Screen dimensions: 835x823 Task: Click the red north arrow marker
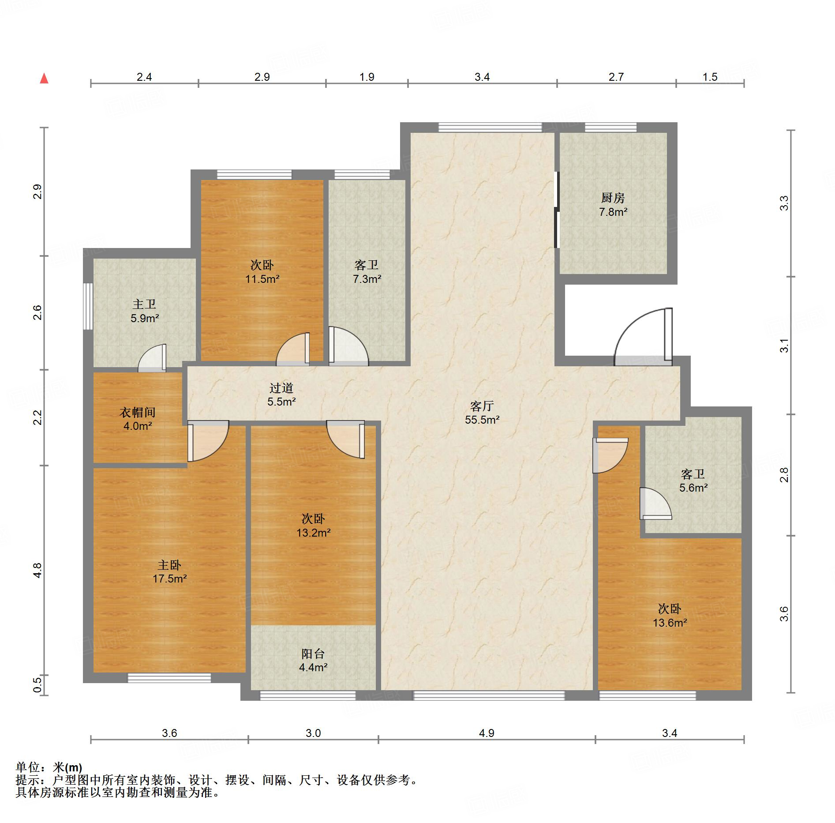coord(44,79)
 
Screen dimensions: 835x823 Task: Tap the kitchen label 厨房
coord(613,198)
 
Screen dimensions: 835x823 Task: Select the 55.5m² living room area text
coord(482,420)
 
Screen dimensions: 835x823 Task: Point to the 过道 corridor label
coord(281,388)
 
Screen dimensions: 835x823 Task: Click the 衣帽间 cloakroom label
coord(138,412)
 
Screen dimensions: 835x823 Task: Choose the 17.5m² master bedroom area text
coord(170,579)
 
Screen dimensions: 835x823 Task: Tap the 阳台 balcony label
coord(313,654)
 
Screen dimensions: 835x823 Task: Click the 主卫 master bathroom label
coord(144,304)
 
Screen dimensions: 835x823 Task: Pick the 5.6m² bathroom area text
coord(693,488)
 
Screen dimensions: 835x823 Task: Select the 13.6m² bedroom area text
coord(670,623)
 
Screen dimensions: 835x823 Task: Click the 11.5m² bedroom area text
coord(262,278)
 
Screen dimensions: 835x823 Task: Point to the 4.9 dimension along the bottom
coord(487,733)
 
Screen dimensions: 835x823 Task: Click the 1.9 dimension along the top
coord(367,77)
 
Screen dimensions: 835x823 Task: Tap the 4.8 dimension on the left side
coord(38,571)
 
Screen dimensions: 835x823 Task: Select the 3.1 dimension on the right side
coord(784,346)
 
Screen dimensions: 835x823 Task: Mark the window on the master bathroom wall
coord(88,306)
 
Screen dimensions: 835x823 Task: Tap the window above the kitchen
coord(611,128)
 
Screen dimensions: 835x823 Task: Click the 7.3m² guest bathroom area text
coord(367,278)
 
